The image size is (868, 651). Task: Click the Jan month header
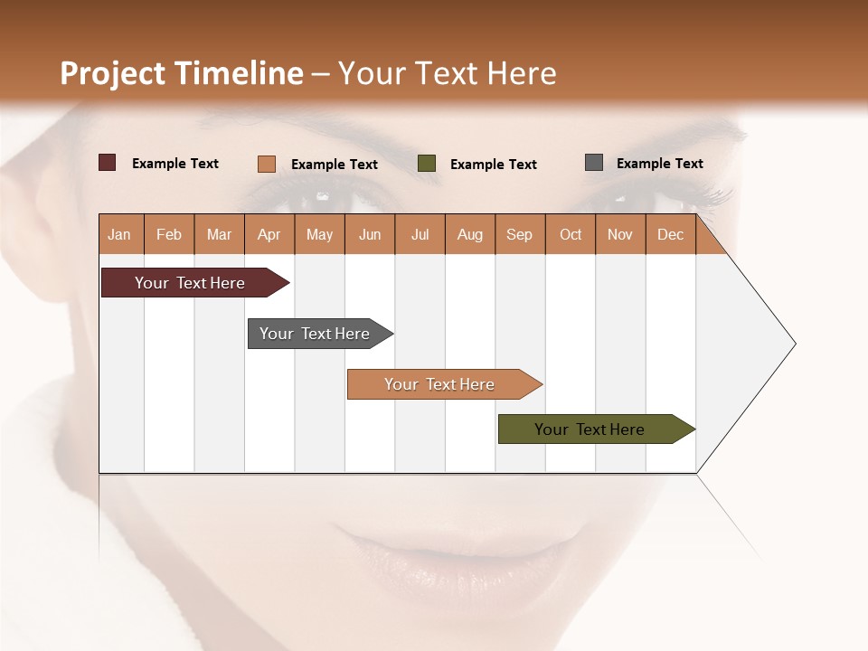(x=119, y=235)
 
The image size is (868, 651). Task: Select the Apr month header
(x=269, y=235)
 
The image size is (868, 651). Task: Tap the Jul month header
(x=420, y=235)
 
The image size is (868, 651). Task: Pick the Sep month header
(x=519, y=235)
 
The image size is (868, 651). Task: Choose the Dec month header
(x=670, y=235)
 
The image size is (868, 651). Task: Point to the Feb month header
(x=169, y=235)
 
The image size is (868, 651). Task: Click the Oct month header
(x=571, y=235)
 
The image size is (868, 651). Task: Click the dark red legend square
(x=108, y=163)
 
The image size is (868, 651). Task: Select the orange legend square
(x=267, y=164)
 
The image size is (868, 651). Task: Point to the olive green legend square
(x=427, y=164)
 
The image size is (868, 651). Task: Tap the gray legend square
(x=594, y=163)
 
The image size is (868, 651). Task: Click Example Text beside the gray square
(x=659, y=164)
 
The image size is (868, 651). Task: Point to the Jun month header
(x=370, y=235)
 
